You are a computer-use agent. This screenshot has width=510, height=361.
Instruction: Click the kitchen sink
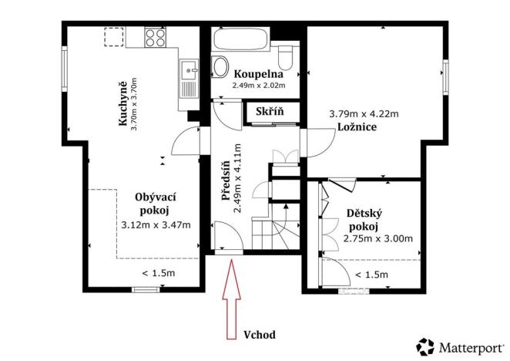point(187,76)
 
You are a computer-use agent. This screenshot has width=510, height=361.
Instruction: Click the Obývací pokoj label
point(155,202)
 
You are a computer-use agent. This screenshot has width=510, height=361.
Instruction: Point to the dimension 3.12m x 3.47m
point(156,225)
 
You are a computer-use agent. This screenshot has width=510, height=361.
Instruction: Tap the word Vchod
point(259,335)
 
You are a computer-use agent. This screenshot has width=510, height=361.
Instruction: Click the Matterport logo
point(461,346)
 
